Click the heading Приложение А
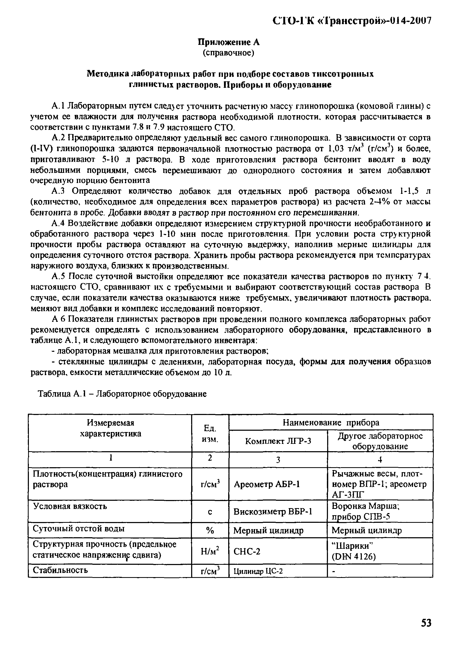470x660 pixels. [x=228, y=42]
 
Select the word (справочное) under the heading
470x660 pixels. [x=228, y=53]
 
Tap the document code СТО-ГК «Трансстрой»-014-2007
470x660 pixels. [x=352, y=21]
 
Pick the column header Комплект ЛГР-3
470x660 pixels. [x=278, y=441]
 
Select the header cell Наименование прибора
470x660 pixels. [x=331, y=423]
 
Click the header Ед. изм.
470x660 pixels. [x=210, y=434]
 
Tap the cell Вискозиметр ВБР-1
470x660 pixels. [x=273, y=512]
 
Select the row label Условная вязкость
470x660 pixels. [x=70, y=506]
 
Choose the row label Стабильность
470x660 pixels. [x=60, y=570]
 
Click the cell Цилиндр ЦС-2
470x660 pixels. [x=258, y=571]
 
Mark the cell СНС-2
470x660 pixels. [x=247, y=552]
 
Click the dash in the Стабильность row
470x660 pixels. [x=333, y=571]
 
